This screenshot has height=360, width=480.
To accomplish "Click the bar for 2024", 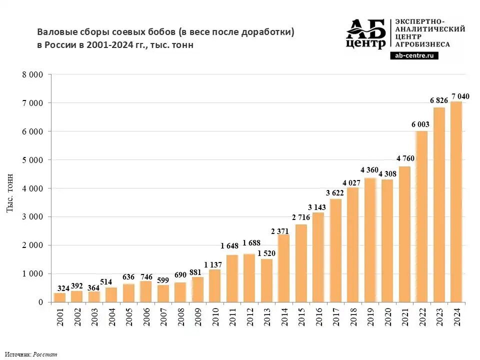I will pyautogui.click(x=455, y=202).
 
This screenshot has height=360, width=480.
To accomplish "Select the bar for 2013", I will pyautogui.click(x=266, y=280).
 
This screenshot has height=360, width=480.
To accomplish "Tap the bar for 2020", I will pyautogui.click(x=386, y=240).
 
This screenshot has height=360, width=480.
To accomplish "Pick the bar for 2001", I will pyautogui.click(x=59, y=297).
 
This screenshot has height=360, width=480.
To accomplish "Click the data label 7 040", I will pyautogui.click(x=460, y=96).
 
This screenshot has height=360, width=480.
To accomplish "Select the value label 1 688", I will pyautogui.click(x=251, y=243).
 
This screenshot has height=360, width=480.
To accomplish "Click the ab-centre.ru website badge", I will pyautogui.click(x=413, y=55).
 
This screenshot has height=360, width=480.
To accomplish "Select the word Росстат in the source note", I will pyautogui.click(x=45, y=354).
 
